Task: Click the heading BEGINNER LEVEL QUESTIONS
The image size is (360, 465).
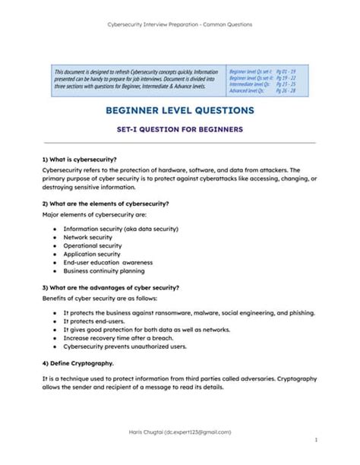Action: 180,111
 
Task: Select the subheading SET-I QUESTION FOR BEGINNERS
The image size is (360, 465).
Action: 180,129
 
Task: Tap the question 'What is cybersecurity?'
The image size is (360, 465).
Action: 79,160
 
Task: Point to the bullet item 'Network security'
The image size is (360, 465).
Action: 87,237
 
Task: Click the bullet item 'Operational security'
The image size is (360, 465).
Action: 92,245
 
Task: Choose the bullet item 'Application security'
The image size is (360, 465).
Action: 92,254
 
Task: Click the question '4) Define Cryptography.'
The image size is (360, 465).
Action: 77,362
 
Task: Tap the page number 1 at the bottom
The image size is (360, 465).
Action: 315,439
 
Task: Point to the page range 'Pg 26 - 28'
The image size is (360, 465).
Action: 286,90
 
